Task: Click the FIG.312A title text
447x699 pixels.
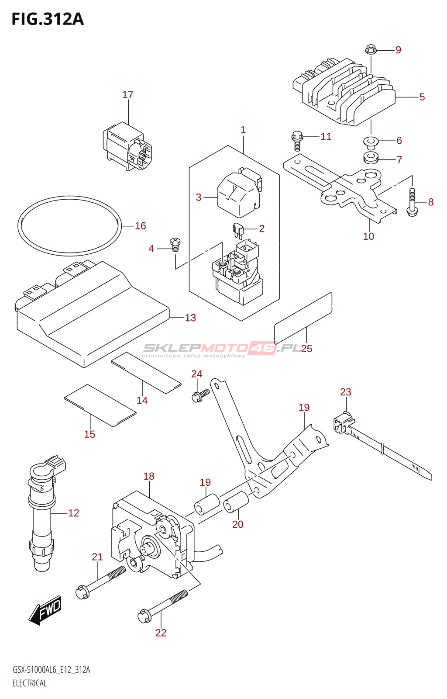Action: [48, 19]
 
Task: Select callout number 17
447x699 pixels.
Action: [127, 94]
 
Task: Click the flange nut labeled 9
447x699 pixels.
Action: [370, 50]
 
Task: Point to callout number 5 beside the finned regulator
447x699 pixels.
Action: [422, 97]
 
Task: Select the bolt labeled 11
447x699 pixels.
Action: [297, 141]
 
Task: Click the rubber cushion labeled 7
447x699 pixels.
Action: [371, 157]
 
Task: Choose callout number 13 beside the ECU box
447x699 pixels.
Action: [190, 318]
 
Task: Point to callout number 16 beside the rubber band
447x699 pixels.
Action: [140, 225]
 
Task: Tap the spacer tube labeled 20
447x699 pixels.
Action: [236, 502]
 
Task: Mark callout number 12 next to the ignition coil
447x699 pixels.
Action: [74, 513]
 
